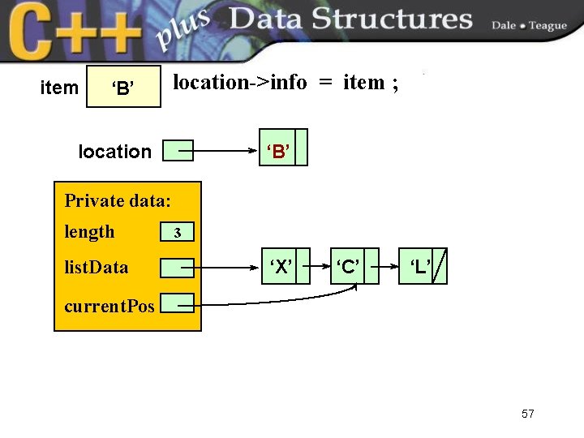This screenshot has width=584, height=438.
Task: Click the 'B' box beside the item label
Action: click(123, 87)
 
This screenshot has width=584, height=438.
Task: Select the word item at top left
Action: click(59, 88)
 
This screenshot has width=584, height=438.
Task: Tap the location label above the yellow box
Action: click(114, 152)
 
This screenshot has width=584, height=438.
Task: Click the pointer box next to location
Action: click(178, 150)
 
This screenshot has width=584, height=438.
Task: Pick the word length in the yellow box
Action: click(89, 232)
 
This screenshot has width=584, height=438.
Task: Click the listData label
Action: click(96, 267)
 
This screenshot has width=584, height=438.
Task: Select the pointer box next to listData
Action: click(178, 267)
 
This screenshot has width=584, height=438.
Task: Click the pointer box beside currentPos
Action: click(178, 303)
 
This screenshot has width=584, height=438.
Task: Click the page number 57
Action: click(528, 414)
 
